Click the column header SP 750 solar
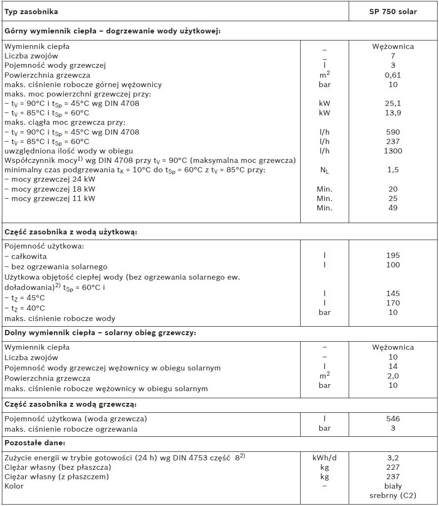coord(393,11)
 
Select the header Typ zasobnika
coord(32,11)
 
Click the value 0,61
coord(393,75)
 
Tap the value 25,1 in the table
coord(393,103)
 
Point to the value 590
coord(393,132)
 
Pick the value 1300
coord(393,151)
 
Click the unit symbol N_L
coord(324,170)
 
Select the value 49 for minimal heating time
coord(393,208)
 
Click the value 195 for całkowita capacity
coord(393,255)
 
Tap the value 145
coord(393,293)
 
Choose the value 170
coord(393,303)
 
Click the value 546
coord(393,418)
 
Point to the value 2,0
coord(393,376)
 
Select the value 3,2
coord(393,458)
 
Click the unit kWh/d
coord(324,458)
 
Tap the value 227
coord(393,467)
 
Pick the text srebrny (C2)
coord(393,495)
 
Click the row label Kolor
coord(14,486)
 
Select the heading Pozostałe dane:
coord(35,443)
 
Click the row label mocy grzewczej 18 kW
coord(50,189)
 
